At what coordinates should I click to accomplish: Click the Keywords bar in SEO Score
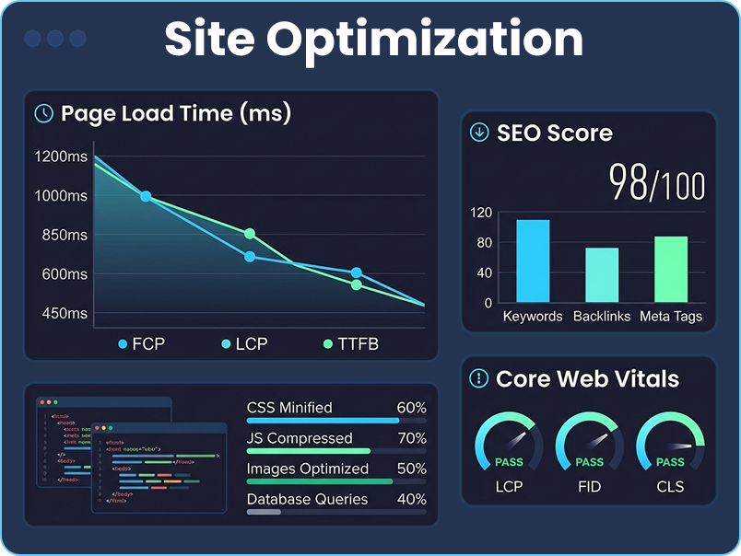533,261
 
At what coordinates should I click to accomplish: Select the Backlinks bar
602,274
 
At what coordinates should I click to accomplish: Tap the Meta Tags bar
671,269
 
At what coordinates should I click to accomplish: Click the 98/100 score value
656,184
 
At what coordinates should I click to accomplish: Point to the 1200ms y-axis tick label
61,156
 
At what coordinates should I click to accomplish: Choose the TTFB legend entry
351,344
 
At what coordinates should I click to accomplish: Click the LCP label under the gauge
509,486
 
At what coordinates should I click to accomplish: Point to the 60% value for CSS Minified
411,408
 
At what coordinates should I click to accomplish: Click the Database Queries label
307,499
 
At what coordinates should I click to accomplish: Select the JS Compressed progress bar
309,451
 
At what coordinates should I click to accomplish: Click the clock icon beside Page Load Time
43,114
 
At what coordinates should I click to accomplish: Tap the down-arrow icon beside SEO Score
479,133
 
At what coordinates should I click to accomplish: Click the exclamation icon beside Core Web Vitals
478,378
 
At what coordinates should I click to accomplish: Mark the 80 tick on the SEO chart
484,243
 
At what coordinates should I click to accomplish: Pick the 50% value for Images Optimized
411,469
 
